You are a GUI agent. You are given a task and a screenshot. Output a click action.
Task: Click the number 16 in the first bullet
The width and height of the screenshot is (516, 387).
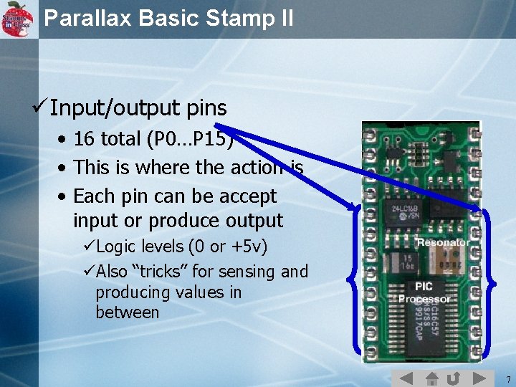click(85, 139)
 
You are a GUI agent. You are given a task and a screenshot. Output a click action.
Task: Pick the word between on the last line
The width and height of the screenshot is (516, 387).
click(127, 312)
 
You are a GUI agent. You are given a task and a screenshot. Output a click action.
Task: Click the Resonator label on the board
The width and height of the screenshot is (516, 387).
click(443, 242)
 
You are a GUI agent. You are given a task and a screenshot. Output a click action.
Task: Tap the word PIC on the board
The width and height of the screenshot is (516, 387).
click(424, 287)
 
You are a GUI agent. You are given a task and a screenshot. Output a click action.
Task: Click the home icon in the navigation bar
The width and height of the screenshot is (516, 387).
click(431, 378)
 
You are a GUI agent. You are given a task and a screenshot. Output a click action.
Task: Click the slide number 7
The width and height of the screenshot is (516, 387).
click(507, 378)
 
